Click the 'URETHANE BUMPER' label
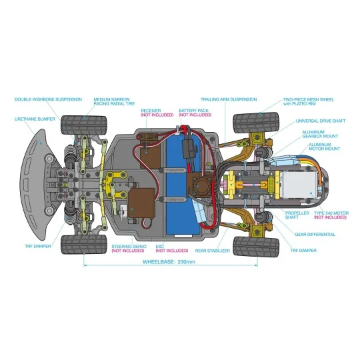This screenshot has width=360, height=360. click(35, 119)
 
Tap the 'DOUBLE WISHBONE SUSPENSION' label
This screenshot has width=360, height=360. click(48, 99)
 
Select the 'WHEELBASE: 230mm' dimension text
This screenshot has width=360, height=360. click(169, 262)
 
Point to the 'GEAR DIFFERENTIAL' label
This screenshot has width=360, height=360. click(315, 235)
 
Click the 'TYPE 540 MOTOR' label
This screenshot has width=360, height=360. click(331, 213)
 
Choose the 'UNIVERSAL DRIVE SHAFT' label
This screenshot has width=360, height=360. click(321, 121)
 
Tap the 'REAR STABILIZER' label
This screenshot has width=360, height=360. click(213, 251)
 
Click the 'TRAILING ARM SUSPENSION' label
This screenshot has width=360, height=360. click(229, 99)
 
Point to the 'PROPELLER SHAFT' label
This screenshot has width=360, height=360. click(297, 215)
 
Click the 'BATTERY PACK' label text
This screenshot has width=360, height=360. click(193, 111)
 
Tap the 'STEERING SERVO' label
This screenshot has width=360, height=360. click(129, 247)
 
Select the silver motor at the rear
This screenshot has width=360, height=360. click(299, 185)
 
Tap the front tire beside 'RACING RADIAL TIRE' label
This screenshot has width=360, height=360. click(84, 125)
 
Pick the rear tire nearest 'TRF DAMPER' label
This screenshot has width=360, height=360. click(256, 247)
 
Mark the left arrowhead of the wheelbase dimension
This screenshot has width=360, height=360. click(85, 265)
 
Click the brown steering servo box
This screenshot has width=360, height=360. click(141, 203)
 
